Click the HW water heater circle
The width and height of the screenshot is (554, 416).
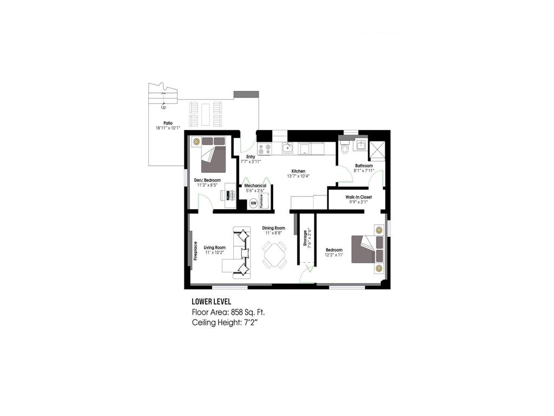tap(253, 204)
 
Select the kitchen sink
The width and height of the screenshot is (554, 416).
tap(288, 148)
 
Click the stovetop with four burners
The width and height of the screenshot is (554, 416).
tap(265, 148)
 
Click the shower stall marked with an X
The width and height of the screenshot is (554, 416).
tap(377, 148)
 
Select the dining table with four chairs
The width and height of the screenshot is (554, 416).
tap(274, 255)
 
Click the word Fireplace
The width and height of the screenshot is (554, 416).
tap(195, 250)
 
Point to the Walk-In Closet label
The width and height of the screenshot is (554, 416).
tap(359, 197)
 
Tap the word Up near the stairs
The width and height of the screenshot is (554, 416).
tap(163, 107)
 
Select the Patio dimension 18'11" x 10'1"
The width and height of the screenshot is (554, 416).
tap(167, 128)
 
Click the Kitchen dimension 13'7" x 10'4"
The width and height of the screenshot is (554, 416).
tap(298, 176)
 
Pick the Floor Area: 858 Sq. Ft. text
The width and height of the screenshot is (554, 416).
tap(228, 312)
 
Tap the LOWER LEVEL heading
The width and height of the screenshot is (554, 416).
tap(212, 301)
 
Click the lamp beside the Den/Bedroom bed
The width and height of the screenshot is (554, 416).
tap(196, 142)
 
